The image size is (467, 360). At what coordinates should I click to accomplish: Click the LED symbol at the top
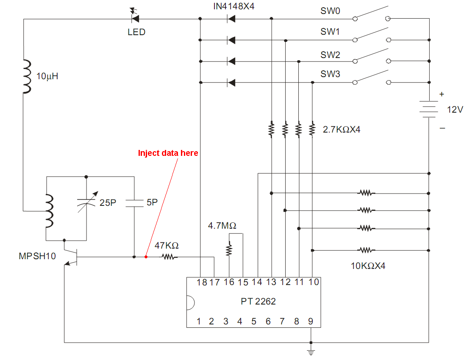[135, 18]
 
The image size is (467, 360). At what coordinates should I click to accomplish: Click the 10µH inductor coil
[27, 76]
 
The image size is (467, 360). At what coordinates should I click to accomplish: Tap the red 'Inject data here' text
[168, 153]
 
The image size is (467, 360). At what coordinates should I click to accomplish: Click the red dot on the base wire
[146, 257]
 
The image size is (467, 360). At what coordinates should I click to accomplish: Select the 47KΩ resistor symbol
[169, 257]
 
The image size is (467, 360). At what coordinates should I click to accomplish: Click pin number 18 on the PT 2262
[201, 282]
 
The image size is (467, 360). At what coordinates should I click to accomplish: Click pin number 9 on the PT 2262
[311, 321]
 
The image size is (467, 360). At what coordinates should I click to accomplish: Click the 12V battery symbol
[429, 108]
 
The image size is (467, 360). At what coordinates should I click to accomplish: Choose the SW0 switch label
[330, 11]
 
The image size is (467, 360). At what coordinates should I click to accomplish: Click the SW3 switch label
[330, 74]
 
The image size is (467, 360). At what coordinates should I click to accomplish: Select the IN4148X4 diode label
[234, 6]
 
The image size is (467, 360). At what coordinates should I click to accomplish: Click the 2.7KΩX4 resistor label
[341, 130]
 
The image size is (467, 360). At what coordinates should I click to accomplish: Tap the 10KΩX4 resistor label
[368, 266]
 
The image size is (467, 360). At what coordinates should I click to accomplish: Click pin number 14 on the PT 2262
[257, 282]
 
